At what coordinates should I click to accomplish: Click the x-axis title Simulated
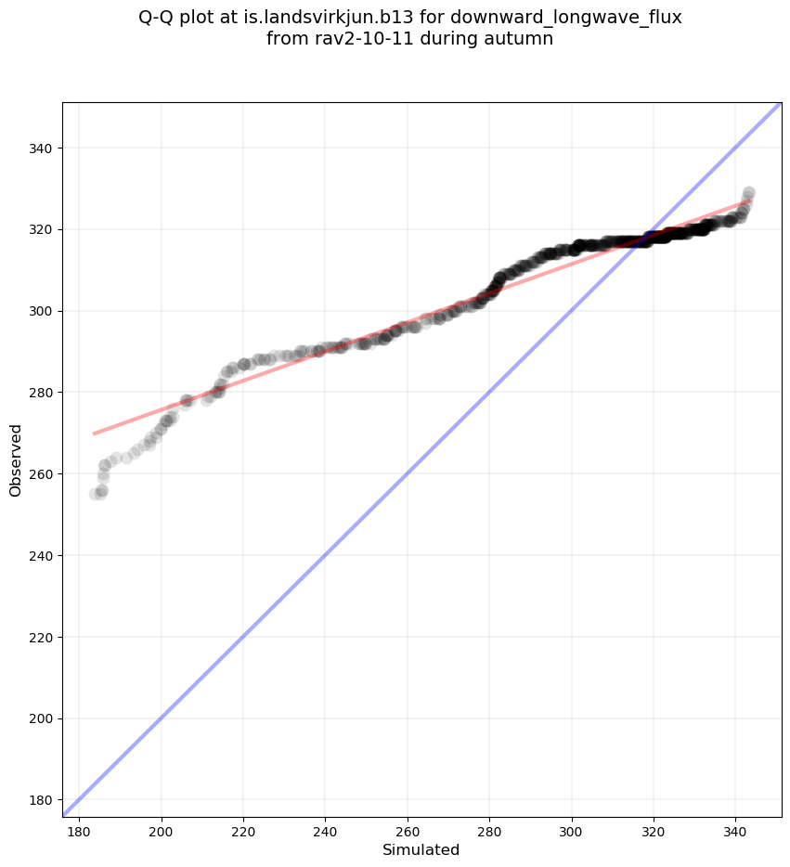click(x=421, y=849)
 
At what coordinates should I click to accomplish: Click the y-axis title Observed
click(x=16, y=459)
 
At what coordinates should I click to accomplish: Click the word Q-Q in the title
click(x=159, y=18)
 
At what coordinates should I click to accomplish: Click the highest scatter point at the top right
click(x=748, y=193)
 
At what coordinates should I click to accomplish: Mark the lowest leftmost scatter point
click(x=96, y=494)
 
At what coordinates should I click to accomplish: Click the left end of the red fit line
click(x=95, y=433)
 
